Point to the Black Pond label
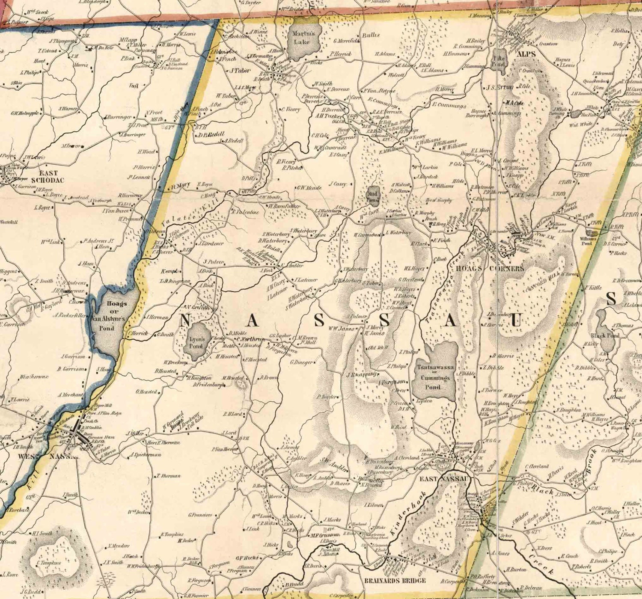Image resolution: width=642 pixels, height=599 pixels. [605, 335]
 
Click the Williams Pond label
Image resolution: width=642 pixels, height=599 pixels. [588, 240]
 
